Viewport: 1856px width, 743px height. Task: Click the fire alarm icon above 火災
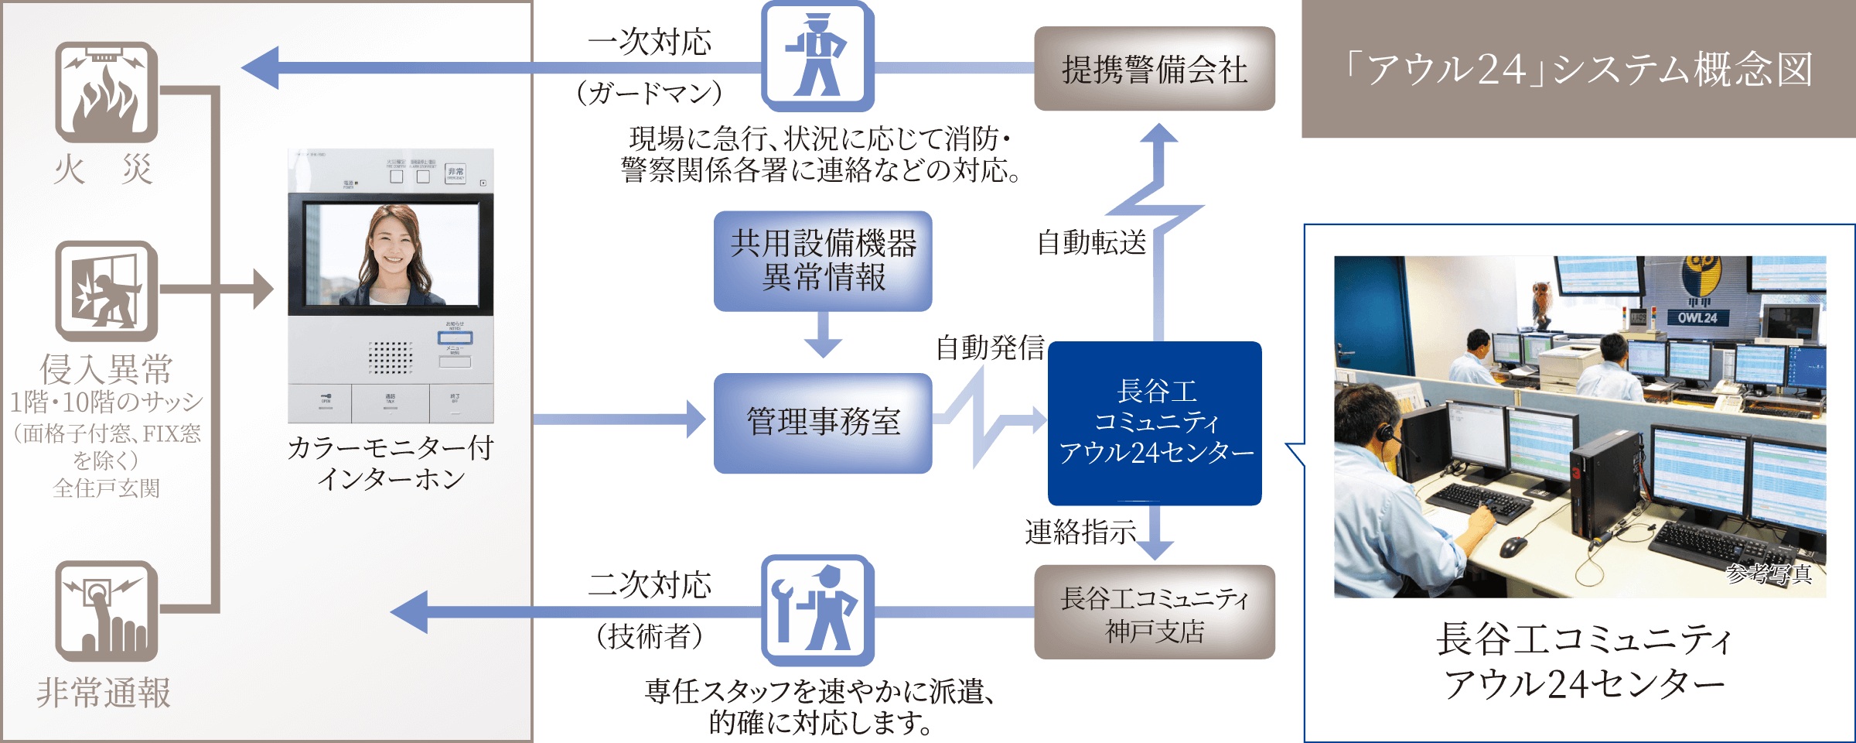click(x=106, y=92)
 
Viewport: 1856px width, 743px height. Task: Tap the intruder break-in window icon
click(x=106, y=291)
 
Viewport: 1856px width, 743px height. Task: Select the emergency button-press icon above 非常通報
click(x=106, y=611)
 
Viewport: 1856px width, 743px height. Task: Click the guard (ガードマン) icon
click(x=817, y=56)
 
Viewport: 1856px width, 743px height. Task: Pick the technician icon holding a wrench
click(x=817, y=610)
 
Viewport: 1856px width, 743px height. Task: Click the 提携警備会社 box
click(x=1154, y=69)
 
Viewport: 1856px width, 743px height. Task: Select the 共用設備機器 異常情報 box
click(x=822, y=261)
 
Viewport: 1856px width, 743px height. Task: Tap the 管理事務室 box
click(x=822, y=423)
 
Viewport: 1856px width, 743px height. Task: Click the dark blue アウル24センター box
click(x=1155, y=423)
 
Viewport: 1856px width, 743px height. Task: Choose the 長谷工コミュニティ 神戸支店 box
click(x=1154, y=612)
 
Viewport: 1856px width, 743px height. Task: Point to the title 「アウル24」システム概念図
click(x=1578, y=69)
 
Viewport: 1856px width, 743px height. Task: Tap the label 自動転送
click(x=1091, y=243)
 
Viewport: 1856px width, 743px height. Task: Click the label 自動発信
click(x=990, y=348)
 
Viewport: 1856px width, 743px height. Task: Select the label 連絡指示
click(x=1080, y=532)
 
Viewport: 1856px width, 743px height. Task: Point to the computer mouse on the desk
click(x=1513, y=546)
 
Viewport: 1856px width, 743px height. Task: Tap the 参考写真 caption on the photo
click(x=1768, y=574)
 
